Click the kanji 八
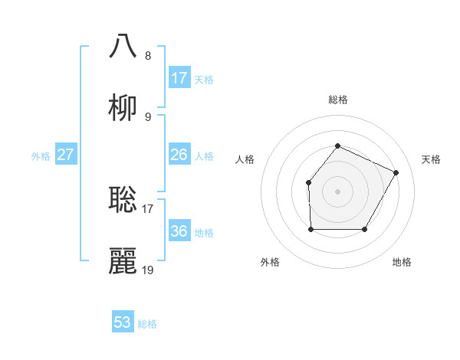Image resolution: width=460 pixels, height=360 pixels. (x=123, y=45)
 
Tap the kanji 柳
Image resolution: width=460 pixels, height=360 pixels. (x=123, y=108)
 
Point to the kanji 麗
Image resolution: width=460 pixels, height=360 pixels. (x=123, y=261)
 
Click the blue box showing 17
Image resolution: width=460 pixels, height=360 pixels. (x=179, y=78)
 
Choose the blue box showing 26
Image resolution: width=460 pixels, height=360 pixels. (x=179, y=155)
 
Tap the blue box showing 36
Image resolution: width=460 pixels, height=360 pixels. (x=179, y=231)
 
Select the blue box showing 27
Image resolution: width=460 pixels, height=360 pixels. (x=66, y=155)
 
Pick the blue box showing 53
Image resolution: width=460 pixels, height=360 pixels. (x=123, y=322)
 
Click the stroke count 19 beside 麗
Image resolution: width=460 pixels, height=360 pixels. (x=148, y=270)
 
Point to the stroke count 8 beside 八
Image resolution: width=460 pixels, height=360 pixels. (x=148, y=55)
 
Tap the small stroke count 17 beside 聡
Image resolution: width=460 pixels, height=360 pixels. (x=148, y=208)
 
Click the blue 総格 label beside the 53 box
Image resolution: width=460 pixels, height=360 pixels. (x=147, y=324)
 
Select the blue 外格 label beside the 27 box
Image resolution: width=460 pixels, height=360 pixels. (x=41, y=155)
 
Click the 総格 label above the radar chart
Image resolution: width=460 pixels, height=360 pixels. (x=337, y=100)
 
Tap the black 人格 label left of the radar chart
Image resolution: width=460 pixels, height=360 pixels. (x=245, y=159)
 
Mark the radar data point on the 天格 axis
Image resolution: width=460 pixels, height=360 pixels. (x=396, y=172)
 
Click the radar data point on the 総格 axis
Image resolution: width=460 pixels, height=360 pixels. (x=337, y=146)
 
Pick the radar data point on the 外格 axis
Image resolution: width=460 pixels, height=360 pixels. (x=310, y=229)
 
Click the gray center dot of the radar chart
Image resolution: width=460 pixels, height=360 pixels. (x=337, y=191)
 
